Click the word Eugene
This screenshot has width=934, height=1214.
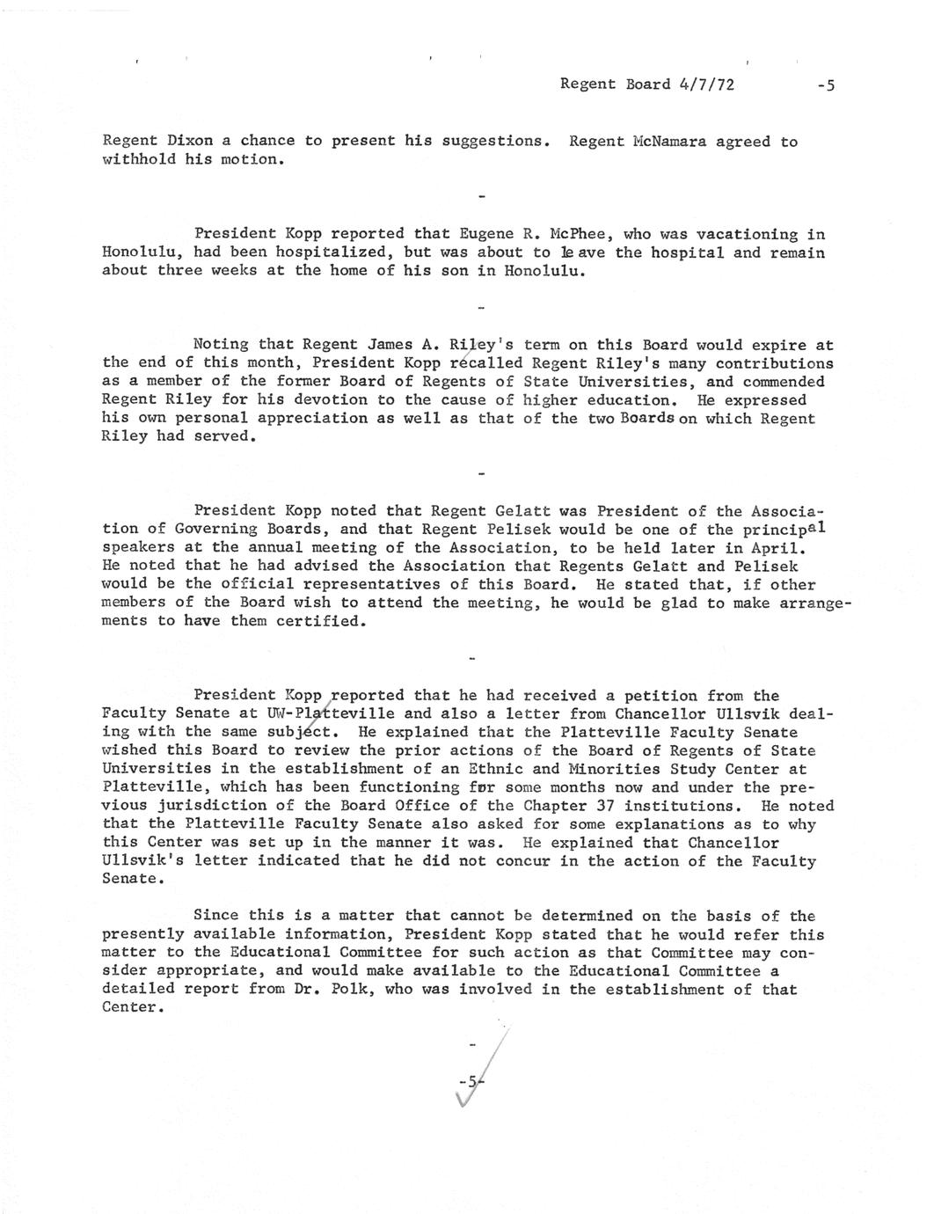(487, 234)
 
